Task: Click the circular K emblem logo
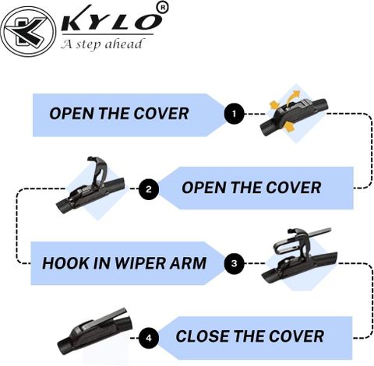coord(28,31)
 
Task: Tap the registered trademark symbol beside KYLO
coord(163,7)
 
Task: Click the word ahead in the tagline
coord(124,44)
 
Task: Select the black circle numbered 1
coord(234,114)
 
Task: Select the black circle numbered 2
coord(149,189)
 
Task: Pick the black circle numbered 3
coord(234,263)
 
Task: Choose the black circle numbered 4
coord(149,338)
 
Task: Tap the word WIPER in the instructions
coord(140,263)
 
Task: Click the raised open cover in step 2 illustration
coord(98,171)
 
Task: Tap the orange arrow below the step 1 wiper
coord(288,127)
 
